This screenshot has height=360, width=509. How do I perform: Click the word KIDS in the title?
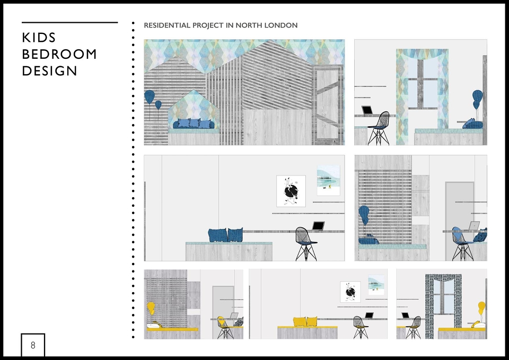click(x=39, y=38)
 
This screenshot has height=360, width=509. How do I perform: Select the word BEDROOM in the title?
click(x=59, y=54)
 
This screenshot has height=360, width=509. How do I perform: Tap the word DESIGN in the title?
click(x=49, y=71)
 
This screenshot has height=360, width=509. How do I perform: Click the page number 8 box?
click(x=33, y=345)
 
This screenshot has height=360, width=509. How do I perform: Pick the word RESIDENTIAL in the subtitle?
click(x=167, y=25)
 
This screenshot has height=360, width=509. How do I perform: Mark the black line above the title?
click(x=70, y=22)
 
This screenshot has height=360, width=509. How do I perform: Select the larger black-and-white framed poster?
click(x=291, y=191)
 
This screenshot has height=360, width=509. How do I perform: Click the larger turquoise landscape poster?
click(x=329, y=180)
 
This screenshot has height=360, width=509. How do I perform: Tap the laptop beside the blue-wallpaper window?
click(x=367, y=110)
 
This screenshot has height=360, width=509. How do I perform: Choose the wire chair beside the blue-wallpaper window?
click(x=379, y=128)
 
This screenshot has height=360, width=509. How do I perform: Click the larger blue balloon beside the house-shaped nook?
click(x=150, y=96)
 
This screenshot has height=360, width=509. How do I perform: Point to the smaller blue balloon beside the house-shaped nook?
click(x=158, y=105)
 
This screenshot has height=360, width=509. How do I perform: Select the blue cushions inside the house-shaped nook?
click(x=194, y=124)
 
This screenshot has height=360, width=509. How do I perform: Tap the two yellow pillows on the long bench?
click(x=305, y=321)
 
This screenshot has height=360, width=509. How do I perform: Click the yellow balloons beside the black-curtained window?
click(x=481, y=308)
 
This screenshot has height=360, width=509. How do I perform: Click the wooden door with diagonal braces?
click(x=328, y=104)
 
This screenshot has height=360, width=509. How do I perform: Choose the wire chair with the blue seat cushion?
click(x=462, y=243)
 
